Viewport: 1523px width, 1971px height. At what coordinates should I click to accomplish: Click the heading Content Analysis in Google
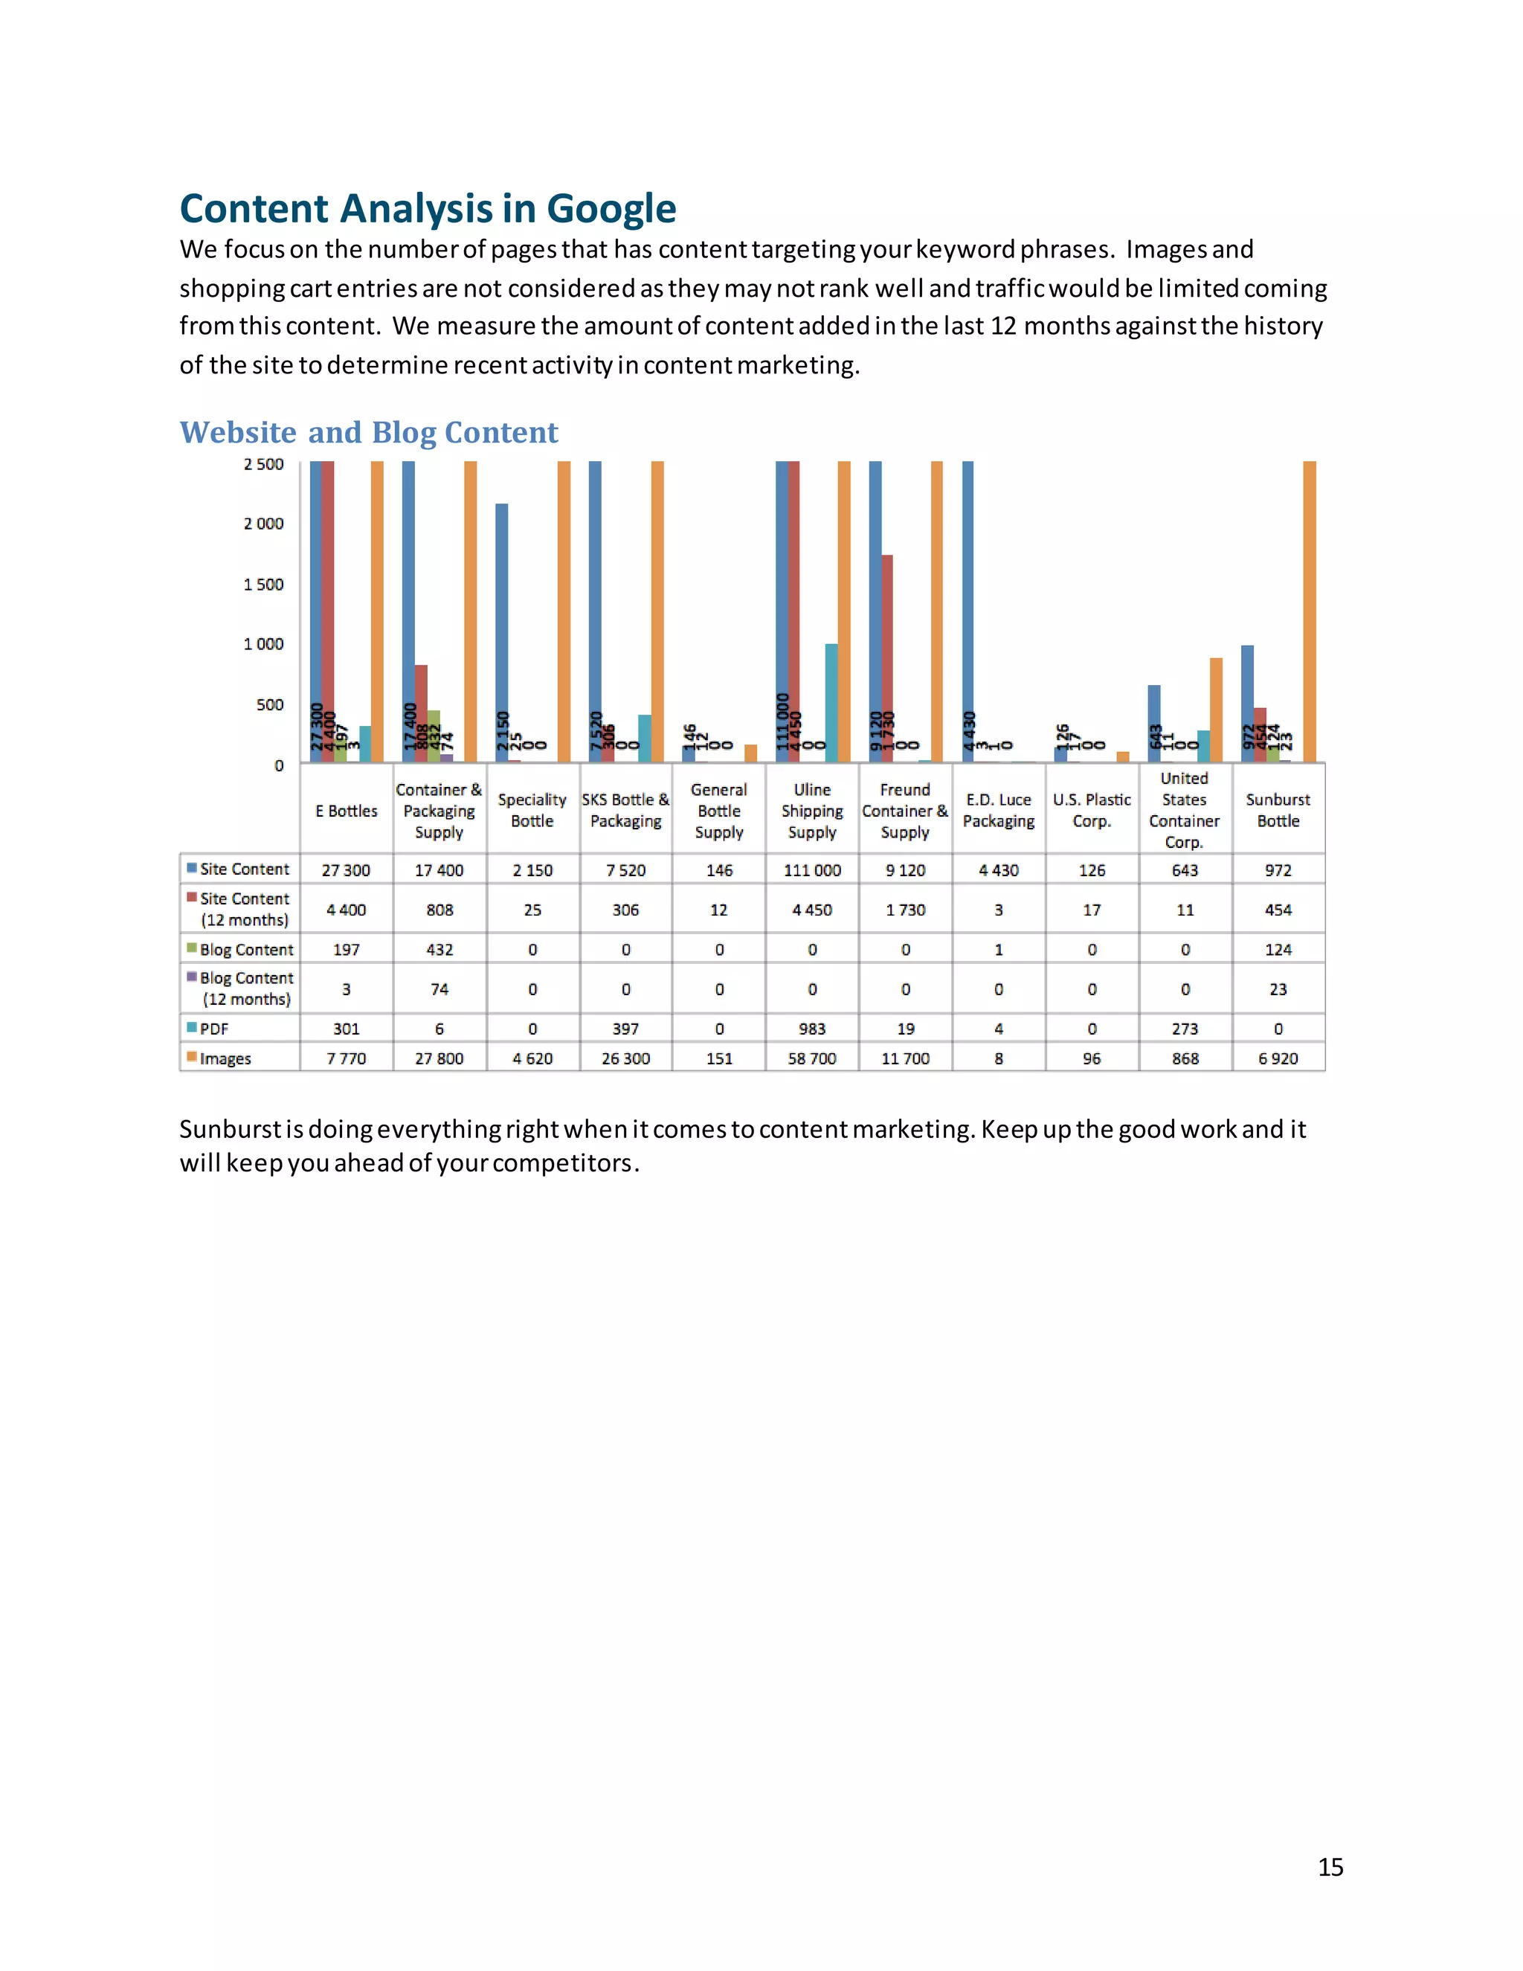[x=428, y=208]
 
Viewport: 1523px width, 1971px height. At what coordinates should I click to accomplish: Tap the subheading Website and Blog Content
[x=368, y=432]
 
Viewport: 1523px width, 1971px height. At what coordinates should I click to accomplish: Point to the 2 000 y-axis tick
[x=263, y=524]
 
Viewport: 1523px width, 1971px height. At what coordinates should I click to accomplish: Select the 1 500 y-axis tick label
[x=263, y=584]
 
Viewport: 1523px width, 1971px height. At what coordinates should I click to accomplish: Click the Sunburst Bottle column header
[x=1278, y=809]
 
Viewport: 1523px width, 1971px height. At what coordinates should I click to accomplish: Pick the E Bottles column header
[x=347, y=811]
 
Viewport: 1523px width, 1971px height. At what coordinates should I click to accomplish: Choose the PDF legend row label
[x=214, y=1029]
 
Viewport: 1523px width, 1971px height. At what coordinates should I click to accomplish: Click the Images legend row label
[x=225, y=1058]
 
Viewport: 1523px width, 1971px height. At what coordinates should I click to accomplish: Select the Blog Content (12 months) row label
[x=245, y=988]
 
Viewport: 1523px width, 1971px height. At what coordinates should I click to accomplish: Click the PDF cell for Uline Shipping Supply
[x=812, y=1029]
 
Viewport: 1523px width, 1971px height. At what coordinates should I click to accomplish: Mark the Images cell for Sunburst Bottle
[x=1278, y=1058]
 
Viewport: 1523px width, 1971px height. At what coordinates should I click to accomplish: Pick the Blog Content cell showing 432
[x=439, y=949]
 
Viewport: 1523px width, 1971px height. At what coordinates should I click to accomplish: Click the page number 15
[x=1330, y=1866]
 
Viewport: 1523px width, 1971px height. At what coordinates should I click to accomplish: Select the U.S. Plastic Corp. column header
[x=1091, y=809]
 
